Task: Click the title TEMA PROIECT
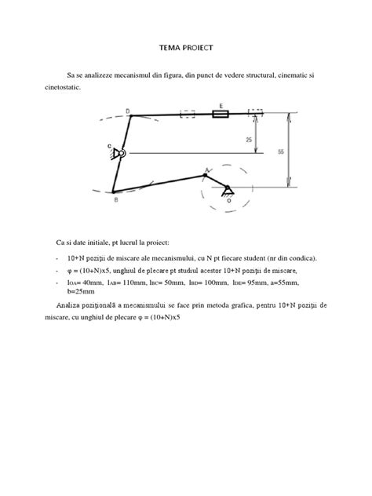click(x=186, y=47)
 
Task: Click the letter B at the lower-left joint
click(x=116, y=200)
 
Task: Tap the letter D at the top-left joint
click(x=128, y=111)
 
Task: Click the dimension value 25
click(x=248, y=138)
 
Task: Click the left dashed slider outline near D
click(x=188, y=115)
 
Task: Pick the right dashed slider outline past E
click(x=256, y=113)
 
